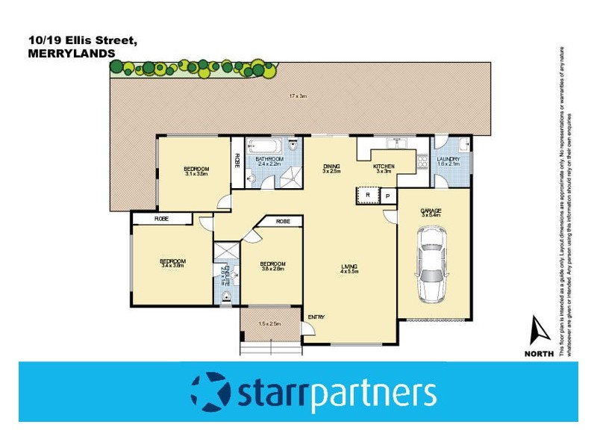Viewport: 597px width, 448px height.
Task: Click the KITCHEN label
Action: (384, 167)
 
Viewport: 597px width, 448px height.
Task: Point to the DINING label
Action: (331, 166)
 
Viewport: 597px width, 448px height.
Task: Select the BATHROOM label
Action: (269, 159)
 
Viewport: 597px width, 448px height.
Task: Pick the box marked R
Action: (367, 196)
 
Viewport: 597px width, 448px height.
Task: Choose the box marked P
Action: (388, 196)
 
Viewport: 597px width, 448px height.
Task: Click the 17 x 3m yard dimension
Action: (298, 95)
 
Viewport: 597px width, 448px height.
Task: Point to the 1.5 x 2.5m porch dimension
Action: (269, 323)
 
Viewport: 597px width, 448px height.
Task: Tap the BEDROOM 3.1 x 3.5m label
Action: (196, 171)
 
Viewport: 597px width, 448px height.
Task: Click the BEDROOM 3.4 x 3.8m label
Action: (172, 263)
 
